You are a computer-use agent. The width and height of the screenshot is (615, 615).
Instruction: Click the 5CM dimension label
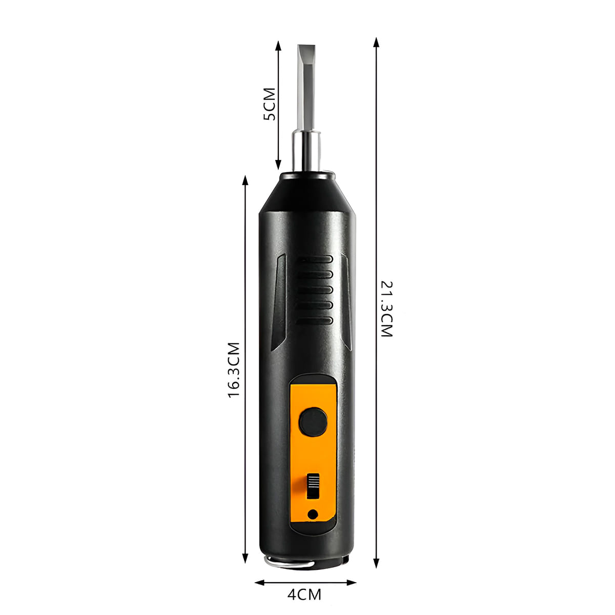(x=270, y=104)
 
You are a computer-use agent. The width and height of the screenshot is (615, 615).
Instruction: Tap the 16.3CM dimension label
(x=234, y=370)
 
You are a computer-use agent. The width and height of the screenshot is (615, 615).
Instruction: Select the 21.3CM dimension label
(x=386, y=309)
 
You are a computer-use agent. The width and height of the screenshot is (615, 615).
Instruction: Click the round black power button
(x=314, y=421)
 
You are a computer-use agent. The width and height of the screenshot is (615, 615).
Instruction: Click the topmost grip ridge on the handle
(x=314, y=260)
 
